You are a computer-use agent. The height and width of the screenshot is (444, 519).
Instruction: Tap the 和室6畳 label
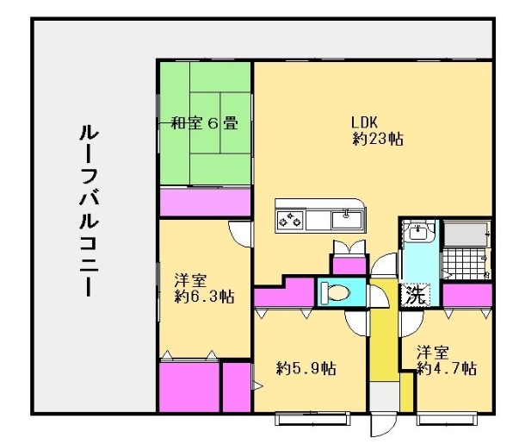[203, 122]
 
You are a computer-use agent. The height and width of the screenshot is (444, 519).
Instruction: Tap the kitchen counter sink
[348, 218]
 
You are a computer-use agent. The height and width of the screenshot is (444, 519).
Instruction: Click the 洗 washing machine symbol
[416, 294]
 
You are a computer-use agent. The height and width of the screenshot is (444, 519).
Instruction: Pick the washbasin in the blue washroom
[419, 233]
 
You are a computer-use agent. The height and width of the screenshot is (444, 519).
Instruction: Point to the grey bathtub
[466, 234]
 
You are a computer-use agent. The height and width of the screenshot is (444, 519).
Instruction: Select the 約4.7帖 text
[447, 368]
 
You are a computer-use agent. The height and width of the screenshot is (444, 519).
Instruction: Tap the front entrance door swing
[381, 426]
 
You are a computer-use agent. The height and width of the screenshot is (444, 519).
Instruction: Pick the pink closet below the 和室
[205, 203]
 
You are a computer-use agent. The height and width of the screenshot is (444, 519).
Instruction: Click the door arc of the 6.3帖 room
[240, 231]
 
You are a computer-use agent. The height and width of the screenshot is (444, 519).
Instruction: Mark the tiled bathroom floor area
[466, 264]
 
